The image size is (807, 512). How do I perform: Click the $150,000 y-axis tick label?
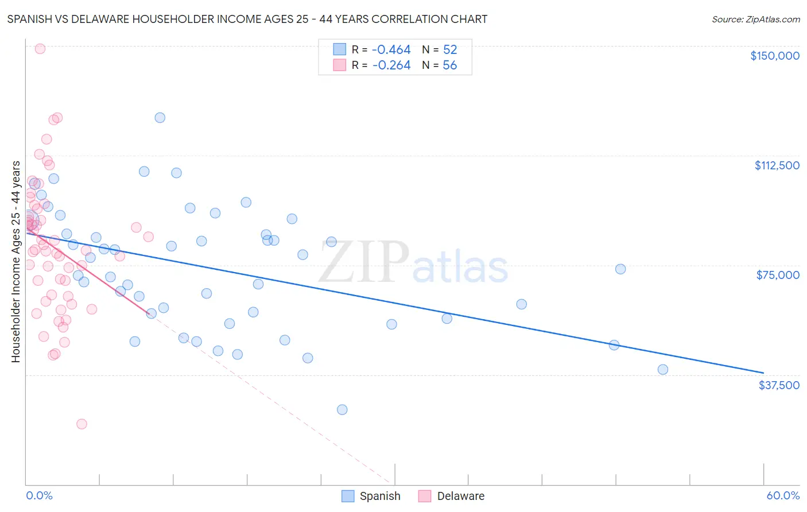(774, 56)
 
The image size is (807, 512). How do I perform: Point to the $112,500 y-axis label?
(777, 165)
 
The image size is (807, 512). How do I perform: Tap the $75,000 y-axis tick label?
(778, 275)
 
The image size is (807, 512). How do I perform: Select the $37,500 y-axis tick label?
(779, 385)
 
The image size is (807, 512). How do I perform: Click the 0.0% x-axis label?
(39, 495)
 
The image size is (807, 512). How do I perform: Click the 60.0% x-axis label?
(782, 495)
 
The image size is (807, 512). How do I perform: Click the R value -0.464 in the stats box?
(391, 50)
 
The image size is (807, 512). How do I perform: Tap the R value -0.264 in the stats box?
(391, 65)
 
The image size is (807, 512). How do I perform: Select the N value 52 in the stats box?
(450, 50)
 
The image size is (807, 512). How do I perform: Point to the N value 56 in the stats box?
(450, 65)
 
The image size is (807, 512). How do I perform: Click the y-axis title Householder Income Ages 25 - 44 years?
(16, 262)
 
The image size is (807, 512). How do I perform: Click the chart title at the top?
(247, 19)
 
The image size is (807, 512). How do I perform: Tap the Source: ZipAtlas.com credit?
(755, 20)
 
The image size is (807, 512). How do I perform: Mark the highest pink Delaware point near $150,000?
(40, 49)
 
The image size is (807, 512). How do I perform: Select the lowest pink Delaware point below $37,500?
(82, 424)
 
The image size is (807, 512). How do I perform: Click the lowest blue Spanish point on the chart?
(342, 410)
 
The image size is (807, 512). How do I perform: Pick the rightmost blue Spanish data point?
(663, 370)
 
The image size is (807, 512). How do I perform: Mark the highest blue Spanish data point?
(160, 118)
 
